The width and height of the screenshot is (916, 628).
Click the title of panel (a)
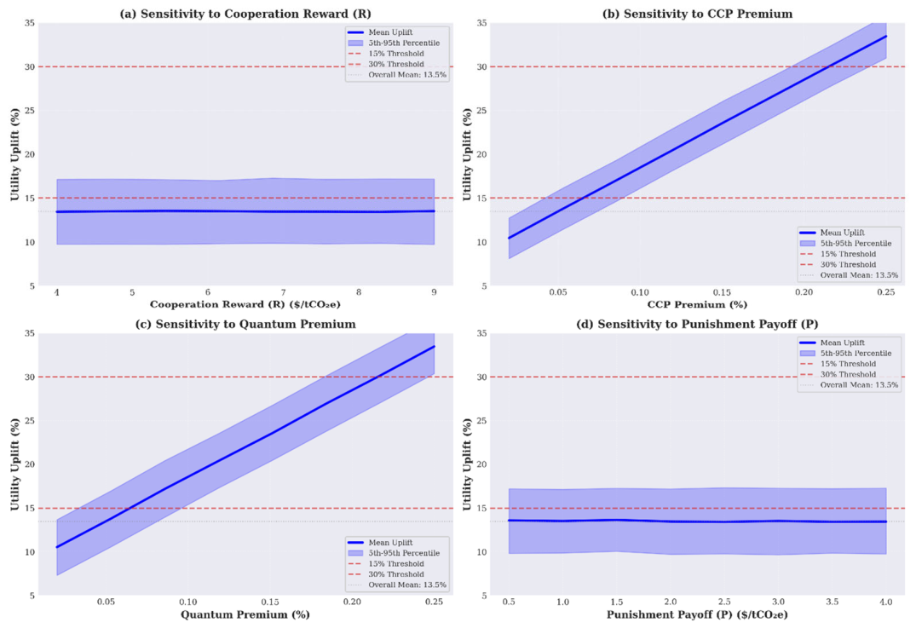pos(245,14)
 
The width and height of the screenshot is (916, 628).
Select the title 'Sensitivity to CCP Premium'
pos(708,14)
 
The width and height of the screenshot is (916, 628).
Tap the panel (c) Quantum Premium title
pos(245,324)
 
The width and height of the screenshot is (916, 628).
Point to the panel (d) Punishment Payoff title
pos(698,324)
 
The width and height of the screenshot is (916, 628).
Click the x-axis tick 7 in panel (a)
pos(284,292)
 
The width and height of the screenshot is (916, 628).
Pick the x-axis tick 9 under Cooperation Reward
pos(434,292)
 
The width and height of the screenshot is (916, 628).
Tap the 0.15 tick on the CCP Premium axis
pos(722,292)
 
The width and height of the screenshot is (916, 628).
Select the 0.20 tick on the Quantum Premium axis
pos(352,602)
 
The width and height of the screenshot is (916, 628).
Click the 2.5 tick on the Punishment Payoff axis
pos(724,602)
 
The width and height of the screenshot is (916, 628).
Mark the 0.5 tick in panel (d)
pos(509,602)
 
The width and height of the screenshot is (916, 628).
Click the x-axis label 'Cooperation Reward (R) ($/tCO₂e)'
pos(245,304)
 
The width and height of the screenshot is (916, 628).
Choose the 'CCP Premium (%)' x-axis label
pos(698,304)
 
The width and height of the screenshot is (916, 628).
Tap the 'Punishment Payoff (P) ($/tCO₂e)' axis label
pos(698,614)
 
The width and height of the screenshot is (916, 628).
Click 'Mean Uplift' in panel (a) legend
pos(390,32)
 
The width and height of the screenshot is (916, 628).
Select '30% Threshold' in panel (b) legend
pos(848,265)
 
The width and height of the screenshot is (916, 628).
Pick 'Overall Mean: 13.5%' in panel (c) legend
pos(407,585)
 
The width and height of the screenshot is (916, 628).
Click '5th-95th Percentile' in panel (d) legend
pos(856,354)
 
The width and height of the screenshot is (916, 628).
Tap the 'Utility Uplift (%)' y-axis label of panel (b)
pos(467,154)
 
